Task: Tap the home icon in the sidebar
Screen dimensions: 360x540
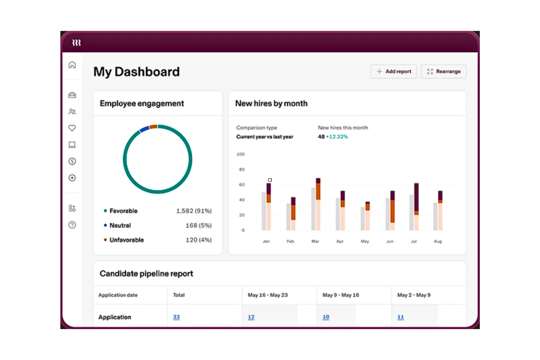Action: [x=72, y=65]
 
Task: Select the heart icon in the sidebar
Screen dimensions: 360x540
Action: [x=72, y=128]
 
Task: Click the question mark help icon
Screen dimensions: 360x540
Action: [x=72, y=225]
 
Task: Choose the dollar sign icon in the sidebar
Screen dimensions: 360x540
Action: [x=72, y=161]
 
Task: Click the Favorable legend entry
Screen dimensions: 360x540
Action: [x=123, y=211]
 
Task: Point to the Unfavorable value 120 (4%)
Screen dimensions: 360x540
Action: [x=198, y=240]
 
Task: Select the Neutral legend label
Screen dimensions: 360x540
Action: [x=120, y=225]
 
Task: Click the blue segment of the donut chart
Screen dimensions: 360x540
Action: [x=144, y=129]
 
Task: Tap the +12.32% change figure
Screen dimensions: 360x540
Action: [x=337, y=137]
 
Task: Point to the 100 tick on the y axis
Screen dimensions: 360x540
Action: [x=240, y=154]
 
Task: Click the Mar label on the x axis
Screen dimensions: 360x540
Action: [x=315, y=241]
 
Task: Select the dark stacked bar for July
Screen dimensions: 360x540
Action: [x=416, y=197]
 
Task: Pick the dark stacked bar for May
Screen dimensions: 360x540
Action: [x=367, y=206]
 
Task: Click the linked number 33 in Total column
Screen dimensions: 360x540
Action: [x=176, y=317]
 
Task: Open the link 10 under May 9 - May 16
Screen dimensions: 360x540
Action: [x=326, y=317]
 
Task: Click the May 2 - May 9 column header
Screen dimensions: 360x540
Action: [x=414, y=295]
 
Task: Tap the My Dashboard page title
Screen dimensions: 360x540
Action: [x=136, y=72]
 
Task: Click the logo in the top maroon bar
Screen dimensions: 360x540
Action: [x=76, y=43]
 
